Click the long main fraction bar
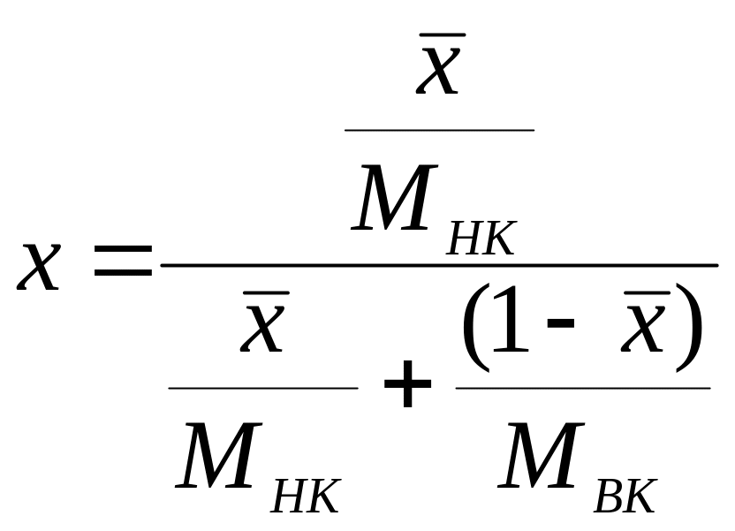(439, 264)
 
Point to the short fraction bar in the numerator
(439, 130)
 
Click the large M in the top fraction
(394, 198)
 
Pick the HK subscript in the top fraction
(481, 239)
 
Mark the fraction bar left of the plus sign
(263, 388)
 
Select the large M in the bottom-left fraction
(218, 457)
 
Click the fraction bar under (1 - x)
(583, 388)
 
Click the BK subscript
(625, 497)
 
